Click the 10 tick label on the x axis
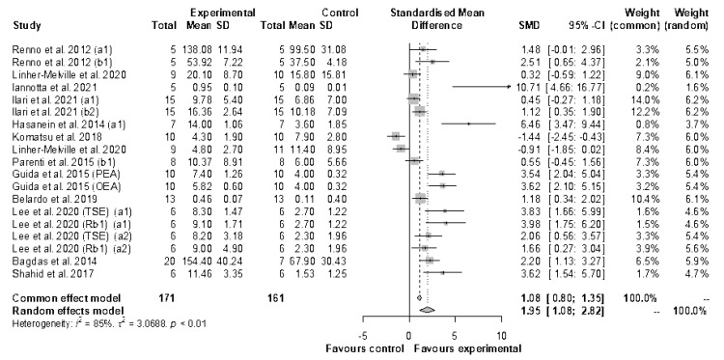[500, 332]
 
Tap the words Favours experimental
[468, 346]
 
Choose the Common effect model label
[59, 298]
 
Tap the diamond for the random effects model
[428, 310]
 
